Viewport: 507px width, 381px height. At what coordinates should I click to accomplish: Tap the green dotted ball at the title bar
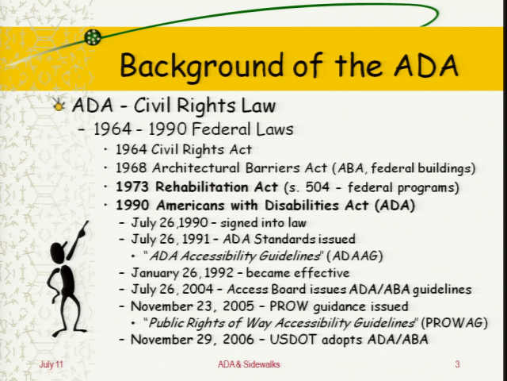click(x=93, y=37)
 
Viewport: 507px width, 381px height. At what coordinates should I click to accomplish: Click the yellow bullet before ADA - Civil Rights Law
click(x=59, y=105)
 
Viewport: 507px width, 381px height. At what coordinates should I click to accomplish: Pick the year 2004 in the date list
click(x=198, y=289)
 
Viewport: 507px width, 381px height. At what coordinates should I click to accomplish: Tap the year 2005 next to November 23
click(x=238, y=306)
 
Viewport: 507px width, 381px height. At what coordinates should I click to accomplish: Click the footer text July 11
click(x=51, y=364)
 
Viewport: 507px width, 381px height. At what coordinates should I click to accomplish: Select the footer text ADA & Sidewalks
click(x=249, y=364)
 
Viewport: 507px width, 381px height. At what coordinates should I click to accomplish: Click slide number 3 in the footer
click(x=457, y=364)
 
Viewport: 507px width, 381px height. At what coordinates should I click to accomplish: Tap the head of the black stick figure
click(x=58, y=252)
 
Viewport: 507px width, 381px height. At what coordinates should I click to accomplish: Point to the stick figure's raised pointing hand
click(x=82, y=229)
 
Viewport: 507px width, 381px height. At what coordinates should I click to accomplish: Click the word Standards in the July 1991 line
click(x=284, y=239)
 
